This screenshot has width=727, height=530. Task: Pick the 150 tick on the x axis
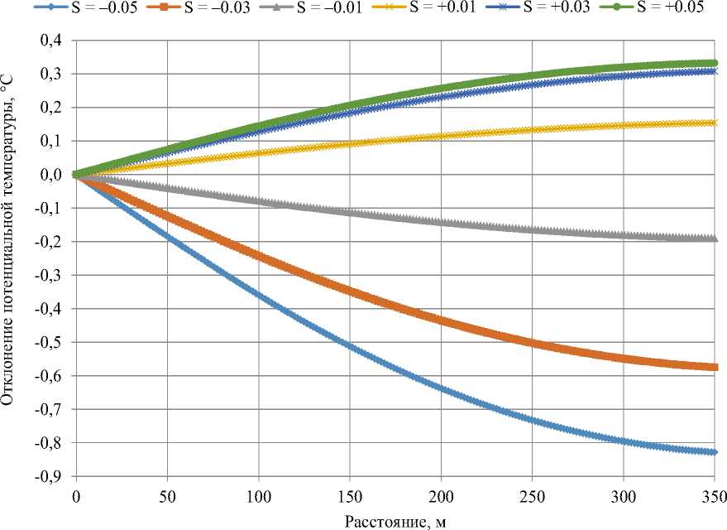pos(350,495)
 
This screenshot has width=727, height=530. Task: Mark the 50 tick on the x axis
pos(167,495)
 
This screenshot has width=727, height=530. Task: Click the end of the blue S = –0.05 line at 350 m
pos(715,452)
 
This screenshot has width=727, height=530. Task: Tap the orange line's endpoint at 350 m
pos(715,367)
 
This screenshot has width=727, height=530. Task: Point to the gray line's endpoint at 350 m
pos(715,238)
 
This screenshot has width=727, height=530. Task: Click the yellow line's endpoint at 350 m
pos(715,123)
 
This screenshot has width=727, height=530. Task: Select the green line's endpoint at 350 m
pos(715,63)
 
